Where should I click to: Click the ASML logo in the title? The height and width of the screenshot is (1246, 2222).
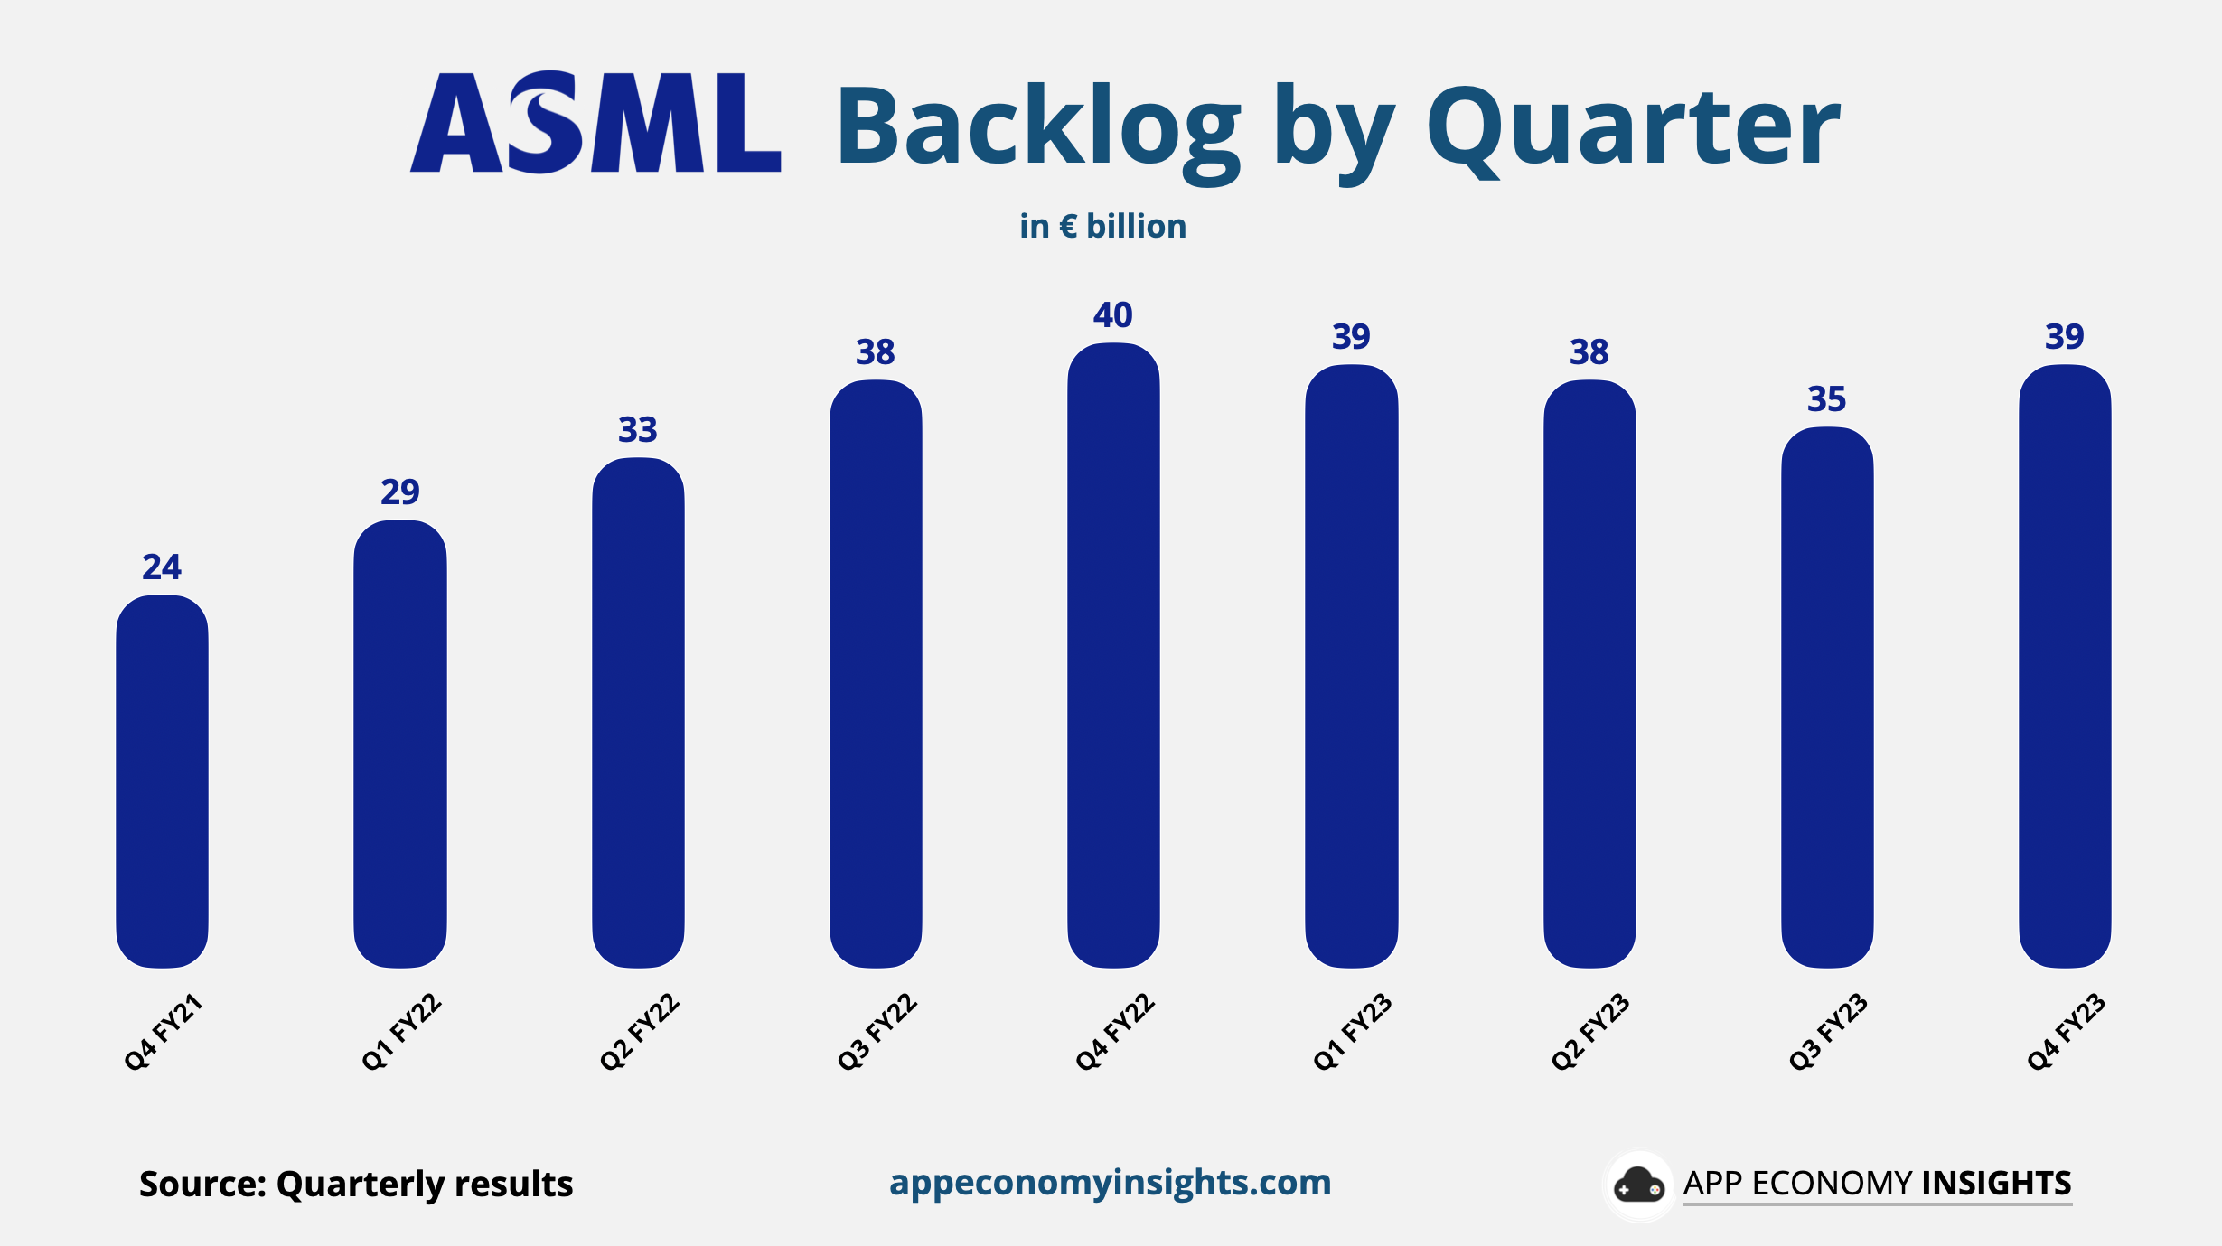click(x=595, y=123)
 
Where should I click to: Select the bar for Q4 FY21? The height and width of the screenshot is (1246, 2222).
click(x=163, y=782)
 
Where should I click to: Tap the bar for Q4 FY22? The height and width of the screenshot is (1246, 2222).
click(x=1113, y=656)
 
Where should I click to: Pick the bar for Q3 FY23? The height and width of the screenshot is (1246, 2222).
click(x=1827, y=698)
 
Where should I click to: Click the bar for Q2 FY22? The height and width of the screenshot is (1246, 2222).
click(x=638, y=713)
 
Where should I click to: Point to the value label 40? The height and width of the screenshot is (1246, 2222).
click(x=1112, y=315)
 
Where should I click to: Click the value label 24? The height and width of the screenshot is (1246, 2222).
click(x=162, y=567)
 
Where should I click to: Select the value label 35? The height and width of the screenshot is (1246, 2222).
click(x=1826, y=399)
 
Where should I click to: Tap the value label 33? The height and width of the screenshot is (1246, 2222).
click(x=637, y=430)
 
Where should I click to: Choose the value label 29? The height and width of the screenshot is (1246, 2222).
click(x=399, y=492)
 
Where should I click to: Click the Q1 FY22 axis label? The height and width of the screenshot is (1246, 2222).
click(x=401, y=1032)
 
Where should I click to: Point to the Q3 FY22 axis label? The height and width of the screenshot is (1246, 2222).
click(x=877, y=1032)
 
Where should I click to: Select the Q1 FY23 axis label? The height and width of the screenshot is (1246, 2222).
click(x=1352, y=1032)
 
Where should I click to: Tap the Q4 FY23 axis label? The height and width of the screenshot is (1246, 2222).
click(x=2066, y=1032)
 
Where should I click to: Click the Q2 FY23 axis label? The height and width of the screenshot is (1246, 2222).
click(x=1590, y=1032)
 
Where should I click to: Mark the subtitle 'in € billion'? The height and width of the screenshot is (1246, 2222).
click(x=1102, y=226)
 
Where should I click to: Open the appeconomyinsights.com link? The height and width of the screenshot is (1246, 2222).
click(x=1110, y=1183)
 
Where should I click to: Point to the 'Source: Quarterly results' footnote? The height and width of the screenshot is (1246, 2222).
click(x=356, y=1184)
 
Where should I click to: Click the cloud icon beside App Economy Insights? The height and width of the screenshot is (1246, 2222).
click(x=1638, y=1185)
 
